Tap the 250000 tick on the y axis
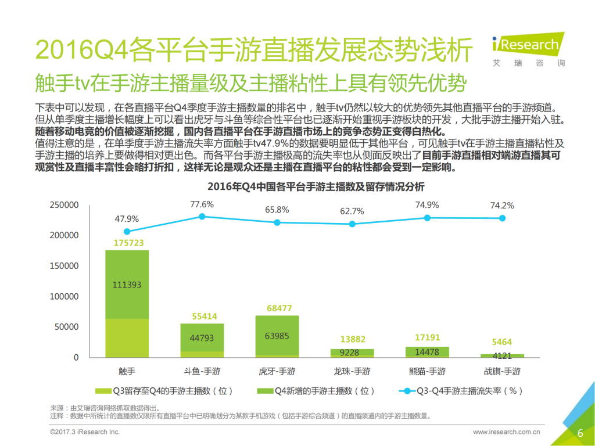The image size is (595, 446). [63, 205]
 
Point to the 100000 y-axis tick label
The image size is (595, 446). [63, 296]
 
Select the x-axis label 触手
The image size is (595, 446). [127, 371]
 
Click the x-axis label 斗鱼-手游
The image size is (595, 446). [202, 371]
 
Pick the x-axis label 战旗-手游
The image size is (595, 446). [502, 371]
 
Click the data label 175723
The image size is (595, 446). [127, 243]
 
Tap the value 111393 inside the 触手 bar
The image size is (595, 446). [127, 285]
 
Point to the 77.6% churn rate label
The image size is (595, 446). [202, 204]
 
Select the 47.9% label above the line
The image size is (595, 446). [127, 219]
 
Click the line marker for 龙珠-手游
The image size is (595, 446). [352, 224]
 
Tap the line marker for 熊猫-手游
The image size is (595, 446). [427, 218]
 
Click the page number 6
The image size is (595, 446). [580, 433]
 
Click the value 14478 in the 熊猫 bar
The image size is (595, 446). [427, 352]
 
